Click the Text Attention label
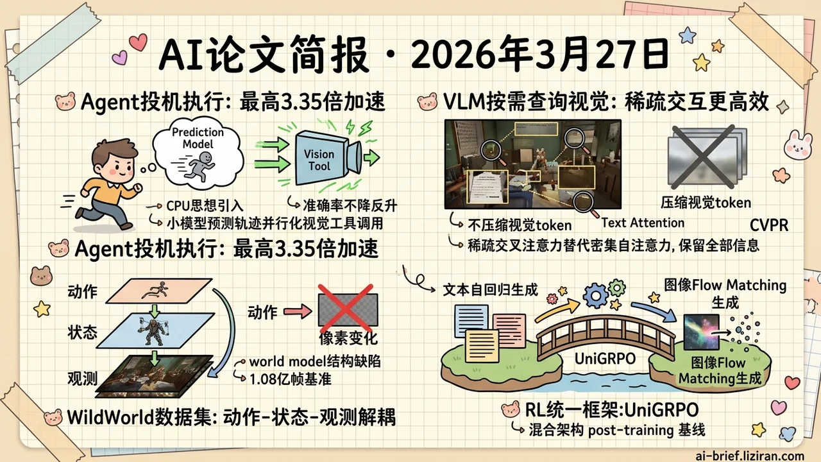coord(643,223)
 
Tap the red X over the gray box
coord(347,310)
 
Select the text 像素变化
coord(348,338)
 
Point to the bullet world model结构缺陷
coord(315,361)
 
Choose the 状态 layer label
coord(82,332)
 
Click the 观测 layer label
coord(82,378)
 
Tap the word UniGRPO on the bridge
coord(597,359)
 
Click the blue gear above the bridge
coord(597,295)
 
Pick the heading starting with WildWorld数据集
coord(231,417)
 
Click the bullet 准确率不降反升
coord(350,205)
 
